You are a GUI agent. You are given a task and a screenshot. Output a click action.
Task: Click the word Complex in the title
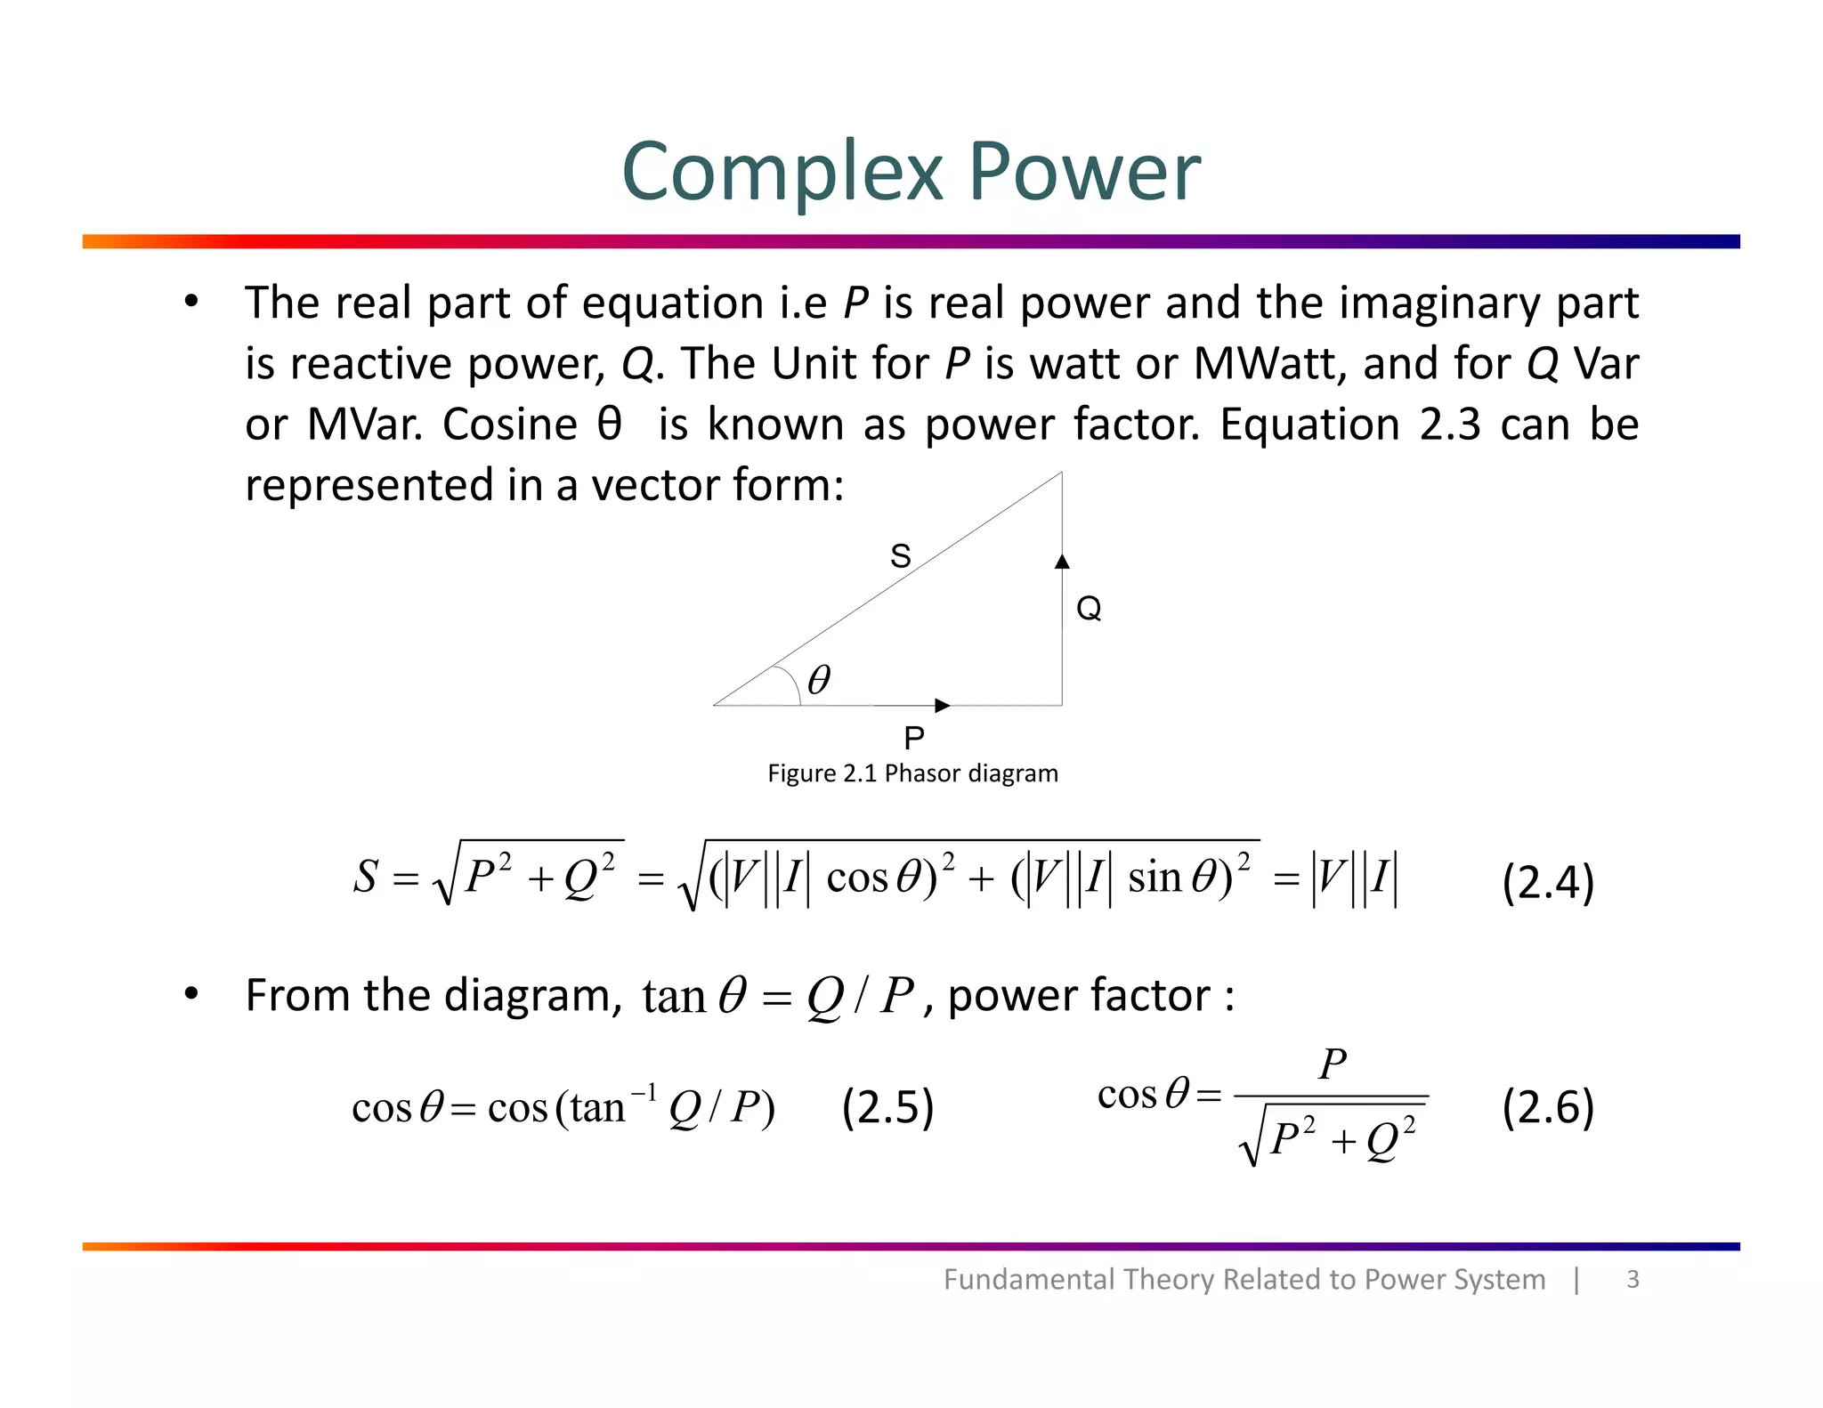tap(782, 172)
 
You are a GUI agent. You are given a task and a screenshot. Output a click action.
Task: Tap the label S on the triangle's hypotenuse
tap(901, 556)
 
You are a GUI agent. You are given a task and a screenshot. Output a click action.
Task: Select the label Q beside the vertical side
tap(1089, 609)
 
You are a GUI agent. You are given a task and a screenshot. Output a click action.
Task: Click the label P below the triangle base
tap(914, 738)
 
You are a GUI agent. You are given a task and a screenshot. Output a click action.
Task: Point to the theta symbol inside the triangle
tap(819, 681)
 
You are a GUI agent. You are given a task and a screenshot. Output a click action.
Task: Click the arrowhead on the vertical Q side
tap(1062, 562)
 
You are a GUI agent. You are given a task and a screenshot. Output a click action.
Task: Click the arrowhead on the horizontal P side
tap(943, 706)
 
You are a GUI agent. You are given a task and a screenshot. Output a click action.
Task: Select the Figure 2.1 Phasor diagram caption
tap(912, 773)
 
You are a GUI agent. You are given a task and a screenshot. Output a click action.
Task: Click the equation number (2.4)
tap(1548, 883)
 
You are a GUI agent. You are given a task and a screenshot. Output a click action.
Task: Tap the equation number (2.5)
tap(887, 1108)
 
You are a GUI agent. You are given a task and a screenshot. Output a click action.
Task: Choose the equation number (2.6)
tap(1548, 1108)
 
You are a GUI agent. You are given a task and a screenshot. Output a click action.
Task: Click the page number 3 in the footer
tap(1633, 1279)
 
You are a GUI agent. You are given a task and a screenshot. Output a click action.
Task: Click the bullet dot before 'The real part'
tap(191, 302)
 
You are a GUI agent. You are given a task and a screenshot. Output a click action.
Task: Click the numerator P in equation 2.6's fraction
tap(1333, 1064)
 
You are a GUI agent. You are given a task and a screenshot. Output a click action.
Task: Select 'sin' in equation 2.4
tap(1155, 878)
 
